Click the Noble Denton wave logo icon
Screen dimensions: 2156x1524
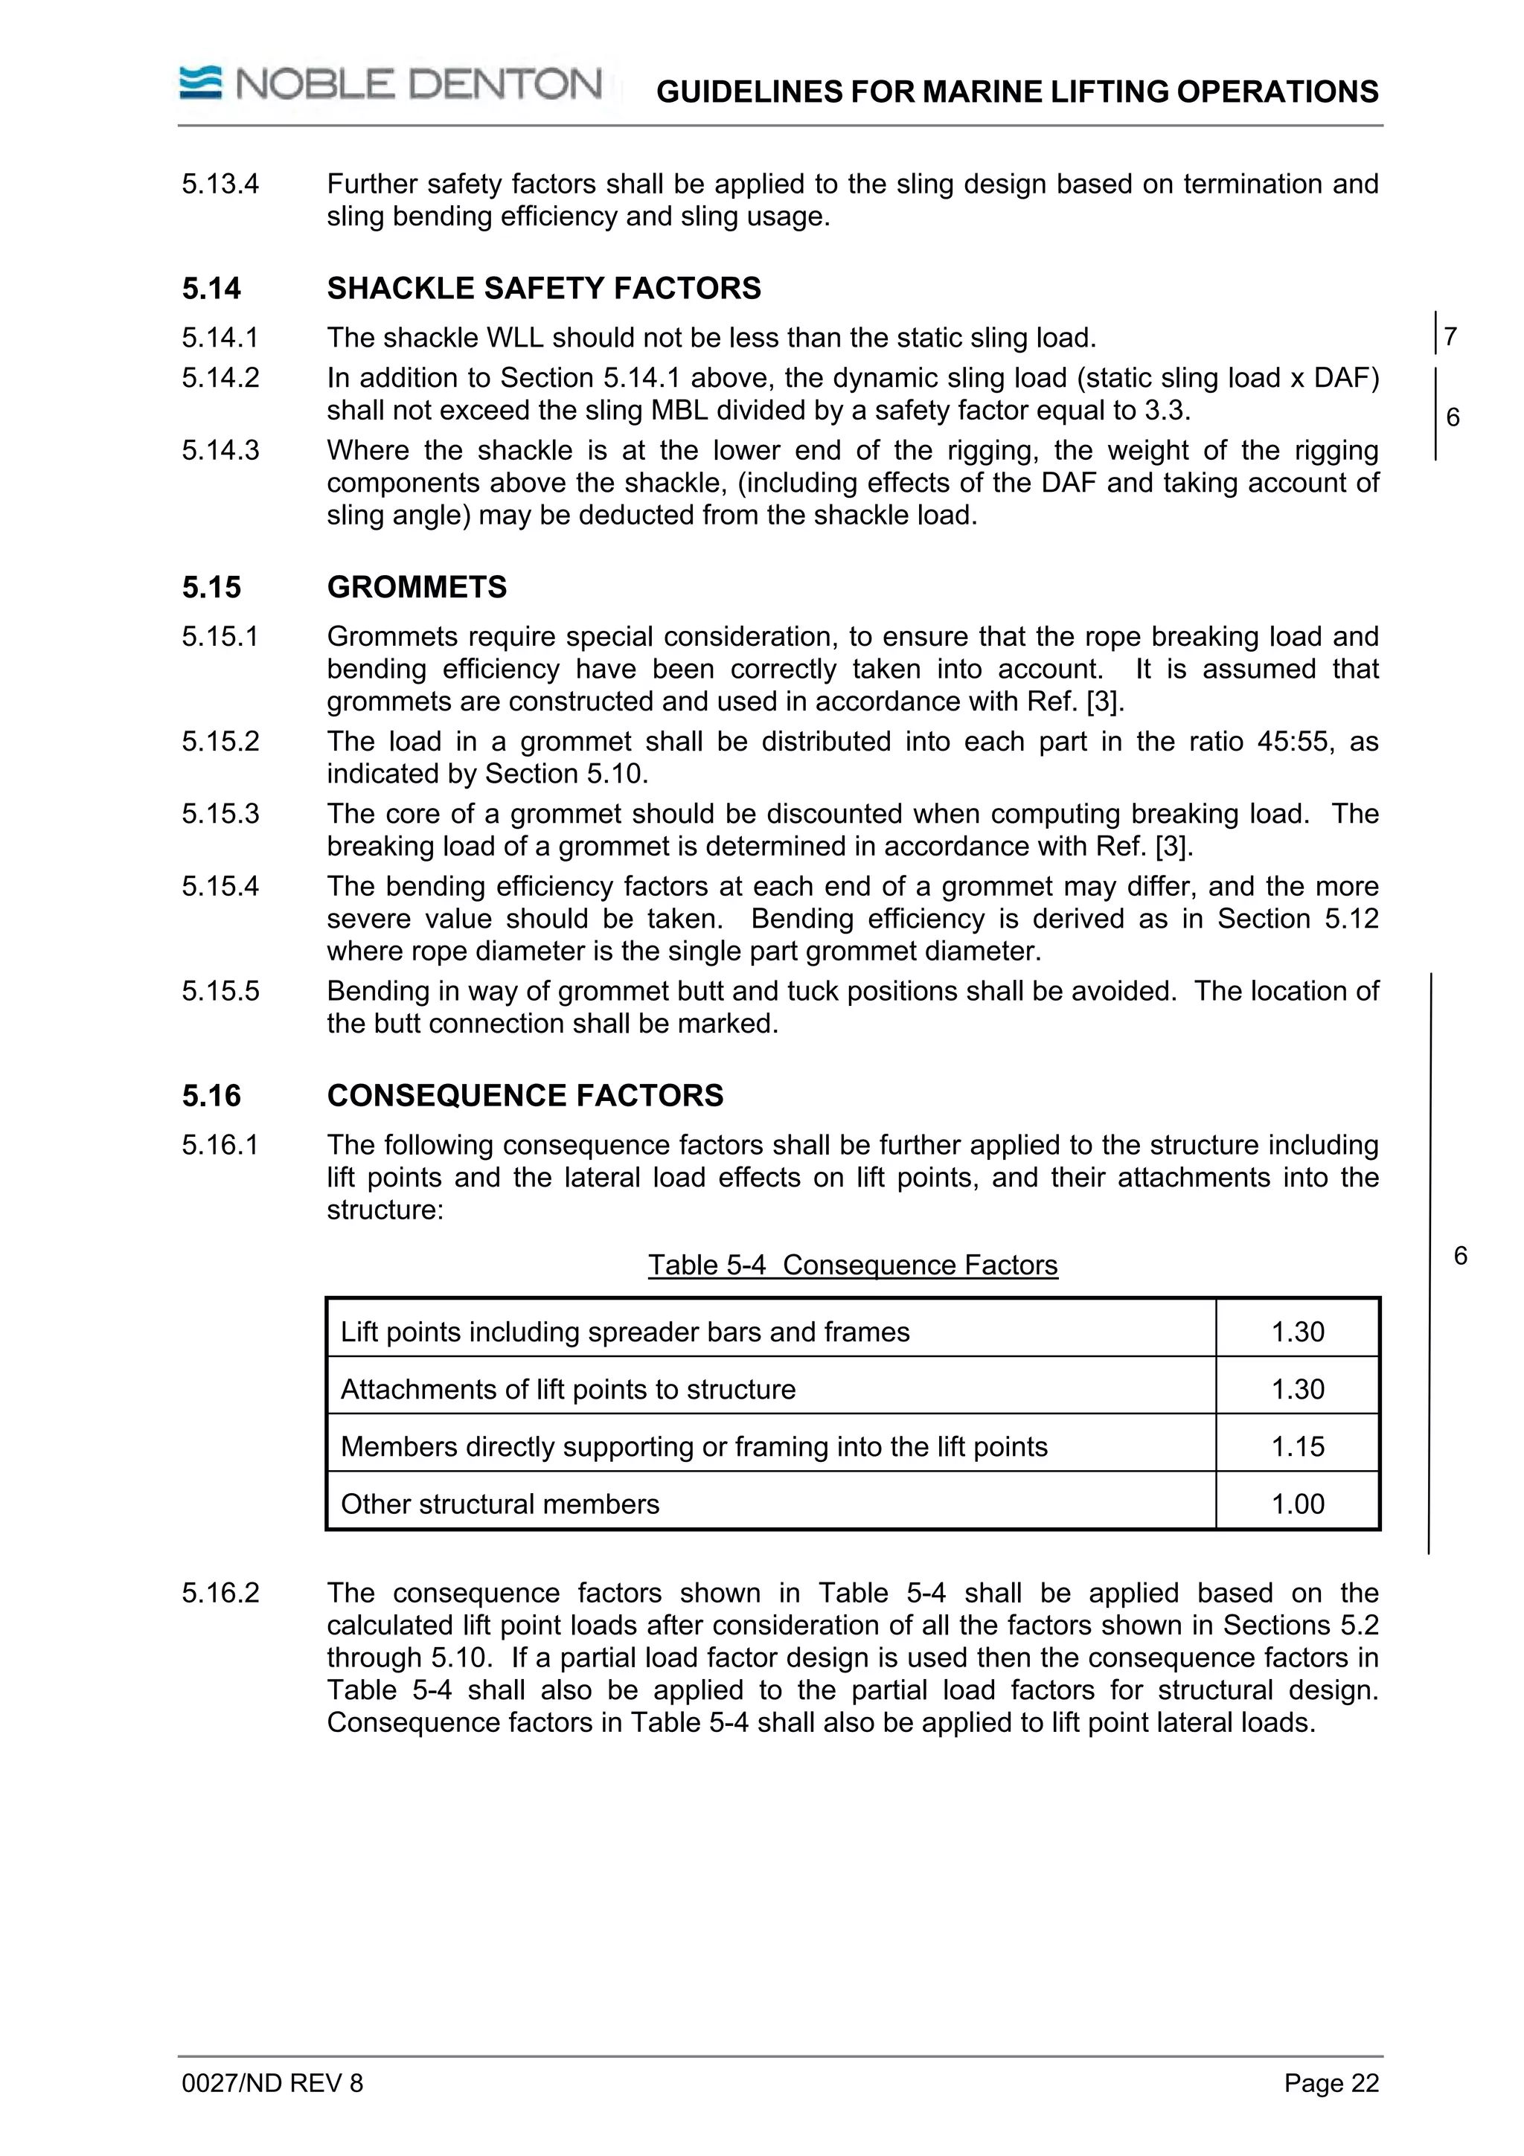pos(200,83)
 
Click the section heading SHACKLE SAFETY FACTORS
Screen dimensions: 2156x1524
pos(544,288)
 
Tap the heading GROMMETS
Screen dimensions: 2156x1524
pos(416,587)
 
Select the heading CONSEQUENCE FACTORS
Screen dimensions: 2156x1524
pos(525,1095)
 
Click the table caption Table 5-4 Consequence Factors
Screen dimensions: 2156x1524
pos(852,1265)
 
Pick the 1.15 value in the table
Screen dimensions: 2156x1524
pos(1297,1446)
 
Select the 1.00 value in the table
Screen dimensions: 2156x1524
pos(1297,1504)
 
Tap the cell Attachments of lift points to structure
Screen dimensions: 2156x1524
pos(567,1389)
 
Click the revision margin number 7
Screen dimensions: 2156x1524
pos(1451,336)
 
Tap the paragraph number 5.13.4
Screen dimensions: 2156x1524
pos(221,183)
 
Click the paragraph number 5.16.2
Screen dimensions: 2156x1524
pos(221,1593)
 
